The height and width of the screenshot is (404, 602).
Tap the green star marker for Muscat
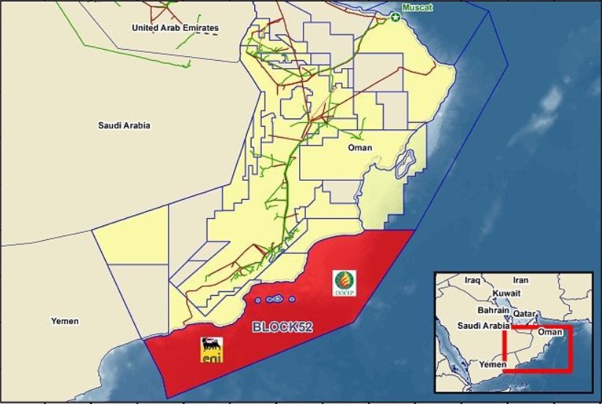pyautogui.click(x=396, y=16)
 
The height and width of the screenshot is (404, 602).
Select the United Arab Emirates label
pyautogui.click(x=175, y=28)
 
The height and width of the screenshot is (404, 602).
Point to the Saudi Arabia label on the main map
pyautogui.click(x=124, y=125)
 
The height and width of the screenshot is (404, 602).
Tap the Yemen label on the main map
pyautogui.click(x=65, y=321)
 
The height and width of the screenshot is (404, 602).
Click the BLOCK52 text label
pyautogui.click(x=282, y=327)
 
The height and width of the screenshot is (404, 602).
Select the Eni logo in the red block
pyautogui.click(x=213, y=348)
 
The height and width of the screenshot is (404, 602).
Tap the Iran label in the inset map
pyautogui.click(x=521, y=280)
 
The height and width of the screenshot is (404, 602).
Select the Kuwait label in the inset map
pyautogui.click(x=507, y=293)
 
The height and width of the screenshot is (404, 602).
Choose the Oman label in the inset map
pyautogui.click(x=551, y=332)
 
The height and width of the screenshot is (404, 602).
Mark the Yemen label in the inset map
pyautogui.click(x=493, y=364)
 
